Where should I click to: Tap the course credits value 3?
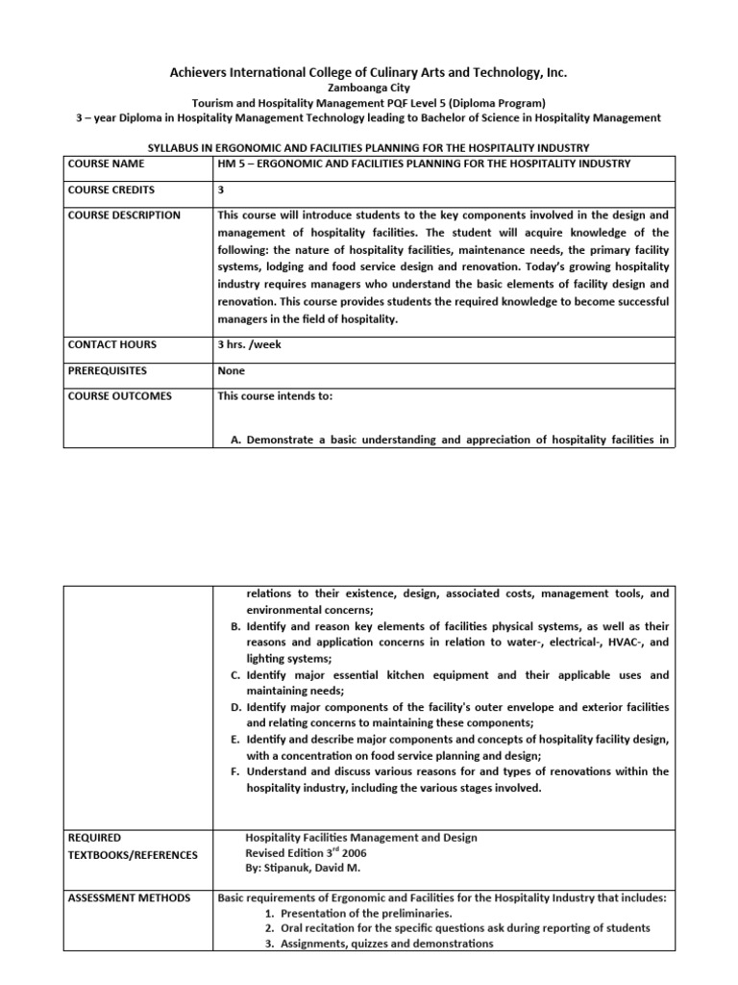222,189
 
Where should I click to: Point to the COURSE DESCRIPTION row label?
123,215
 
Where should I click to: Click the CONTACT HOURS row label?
111,344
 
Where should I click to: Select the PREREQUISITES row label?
107,370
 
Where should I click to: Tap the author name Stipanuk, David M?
305,869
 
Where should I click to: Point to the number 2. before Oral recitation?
269,928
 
